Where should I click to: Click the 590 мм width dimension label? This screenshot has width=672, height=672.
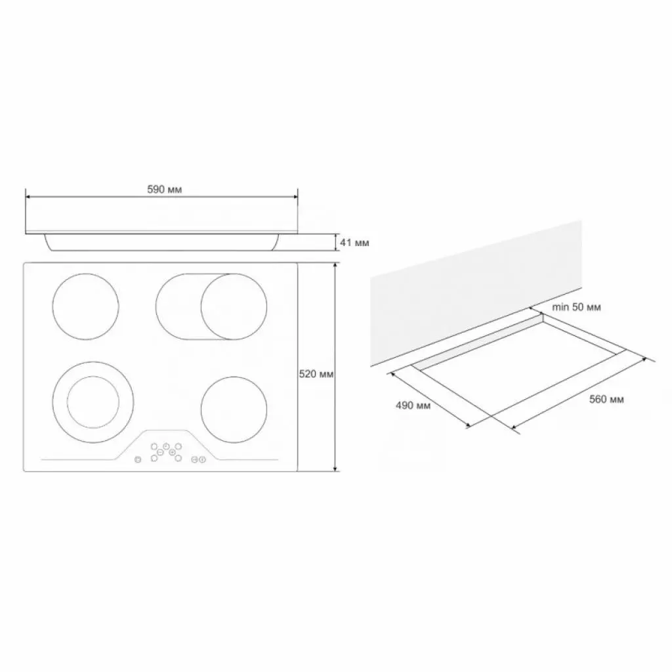[165, 190]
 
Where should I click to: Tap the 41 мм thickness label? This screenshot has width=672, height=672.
[354, 243]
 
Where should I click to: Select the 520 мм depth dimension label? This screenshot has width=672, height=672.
[316, 374]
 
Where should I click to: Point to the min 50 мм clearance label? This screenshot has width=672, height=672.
[576, 307]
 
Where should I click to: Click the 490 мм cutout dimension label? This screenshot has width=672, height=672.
[413, 405]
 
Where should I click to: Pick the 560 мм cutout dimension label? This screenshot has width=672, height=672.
[606, 400]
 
